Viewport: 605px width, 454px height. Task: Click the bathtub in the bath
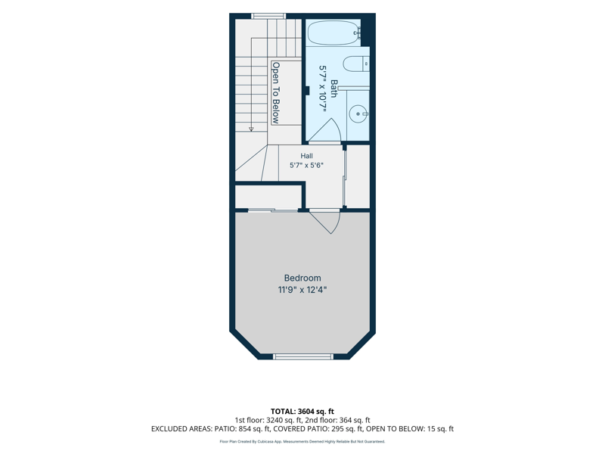(x=334, y=33)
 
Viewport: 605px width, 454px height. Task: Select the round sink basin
(x=358, y=114)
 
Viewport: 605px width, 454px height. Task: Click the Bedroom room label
(x=302, y=278)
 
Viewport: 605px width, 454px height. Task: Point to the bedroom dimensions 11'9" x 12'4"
(x=302, y=290)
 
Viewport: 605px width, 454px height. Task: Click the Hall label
(x=307, y=156)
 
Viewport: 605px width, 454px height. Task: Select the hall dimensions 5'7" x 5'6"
(x=307, y=165)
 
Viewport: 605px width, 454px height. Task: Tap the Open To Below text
(x=275, y=92)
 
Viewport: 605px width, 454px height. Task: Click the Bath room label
(x=334, y=89)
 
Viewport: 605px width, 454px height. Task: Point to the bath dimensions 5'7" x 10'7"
(x=323, y=89)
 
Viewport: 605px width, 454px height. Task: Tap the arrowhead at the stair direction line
(x=251, y=129)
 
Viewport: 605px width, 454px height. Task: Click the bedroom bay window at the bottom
(x=303, y=356)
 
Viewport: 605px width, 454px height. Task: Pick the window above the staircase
(x=268, y=16)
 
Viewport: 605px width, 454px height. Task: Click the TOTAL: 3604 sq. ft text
(x=302, y=411)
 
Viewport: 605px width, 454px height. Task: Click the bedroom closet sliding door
(x=273, y=210)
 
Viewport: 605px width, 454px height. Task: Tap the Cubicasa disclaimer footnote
(x=302, y=442)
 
